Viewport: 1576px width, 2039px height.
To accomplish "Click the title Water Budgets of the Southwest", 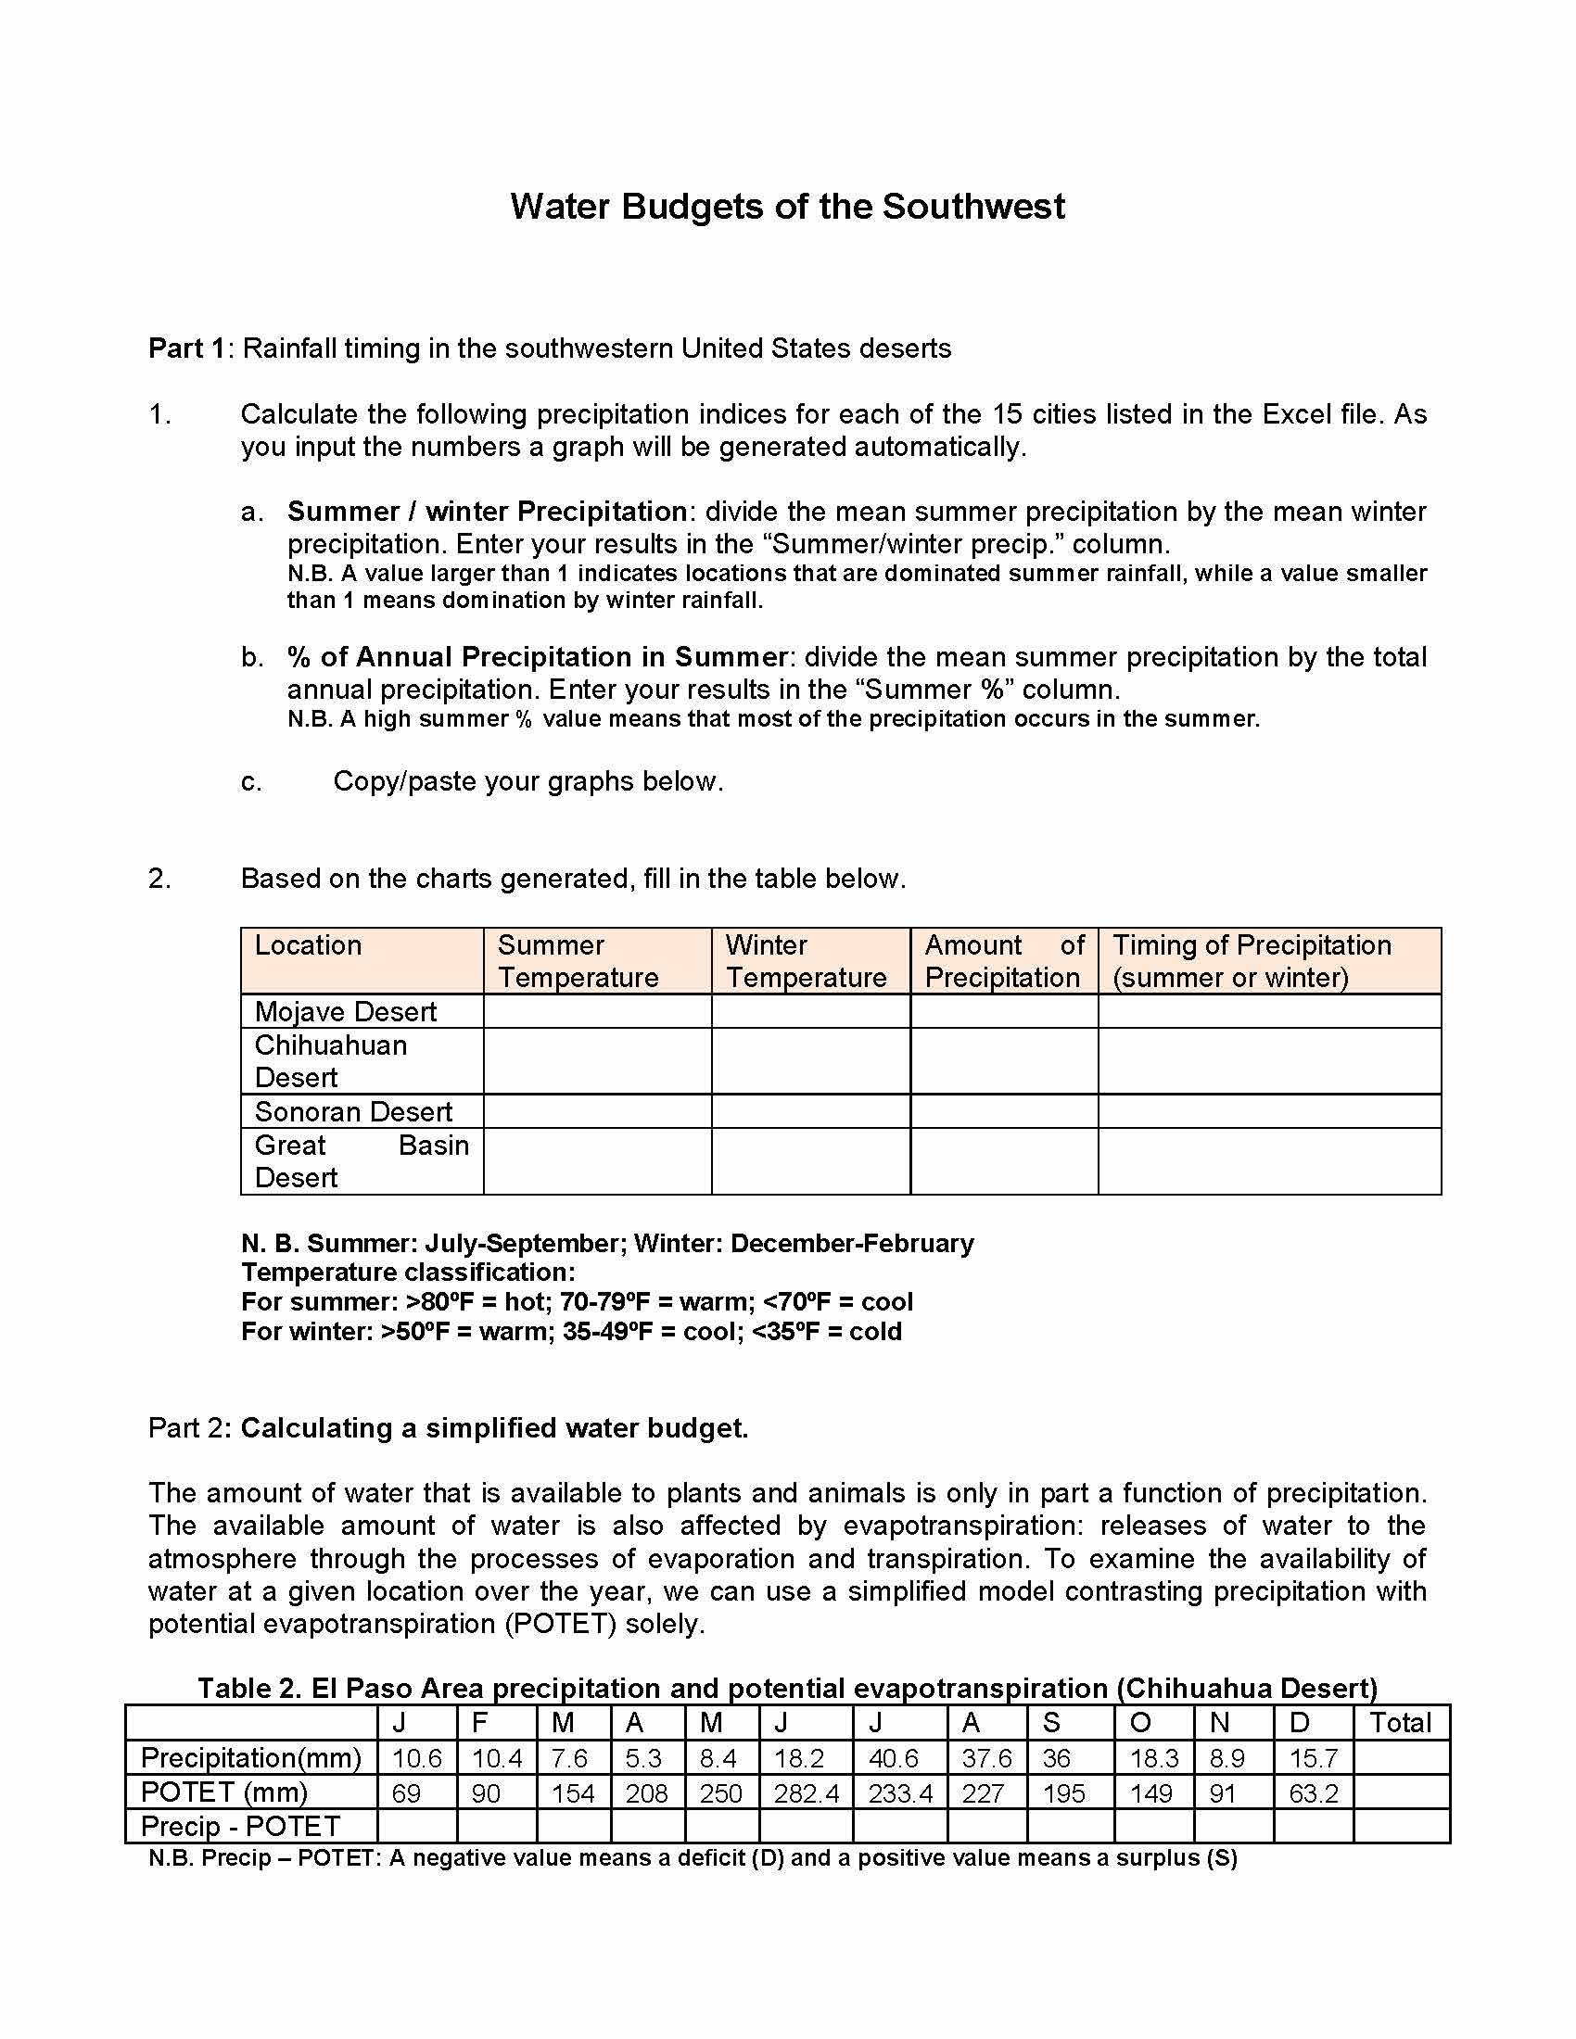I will click(x=787, y=207).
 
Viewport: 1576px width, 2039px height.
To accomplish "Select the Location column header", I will click(x=308, y=944).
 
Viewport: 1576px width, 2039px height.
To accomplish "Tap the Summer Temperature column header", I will click(x=578, y=961).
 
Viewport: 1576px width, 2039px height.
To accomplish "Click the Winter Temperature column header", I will click(x=806, y=961).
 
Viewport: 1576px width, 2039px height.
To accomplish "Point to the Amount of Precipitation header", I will click(x=1004, y=961).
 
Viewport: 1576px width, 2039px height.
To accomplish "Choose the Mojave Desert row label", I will click(x=346, y=1011).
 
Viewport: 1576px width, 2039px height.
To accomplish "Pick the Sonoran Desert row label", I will click(x=353, y=1111).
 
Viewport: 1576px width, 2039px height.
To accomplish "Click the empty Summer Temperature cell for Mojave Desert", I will click(x=598, y=1011).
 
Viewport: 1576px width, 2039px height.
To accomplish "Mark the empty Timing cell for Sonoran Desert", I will click(x=1269, y=1111).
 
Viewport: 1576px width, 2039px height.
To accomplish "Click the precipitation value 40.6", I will click(x=894, y=1759).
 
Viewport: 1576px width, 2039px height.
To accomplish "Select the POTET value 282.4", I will click(x=806, y=1793).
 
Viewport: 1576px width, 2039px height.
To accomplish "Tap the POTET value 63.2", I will click(x=1313, y=1793).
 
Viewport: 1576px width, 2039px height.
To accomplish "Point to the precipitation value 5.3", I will click(x=644, y=1759).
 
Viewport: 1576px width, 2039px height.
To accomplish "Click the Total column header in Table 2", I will click(x=1400, y=1724).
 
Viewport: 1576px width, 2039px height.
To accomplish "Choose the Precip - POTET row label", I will click(x=240, y=1826).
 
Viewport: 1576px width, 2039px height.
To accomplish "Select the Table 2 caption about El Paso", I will click(x=787, y=1688).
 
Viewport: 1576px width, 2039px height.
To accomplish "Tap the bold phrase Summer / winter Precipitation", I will click(x=488, y=512).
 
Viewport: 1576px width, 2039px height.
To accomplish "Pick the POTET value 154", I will click(x=572, y=1793).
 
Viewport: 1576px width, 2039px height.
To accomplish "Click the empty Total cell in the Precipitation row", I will click(x=1401, y=1759).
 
